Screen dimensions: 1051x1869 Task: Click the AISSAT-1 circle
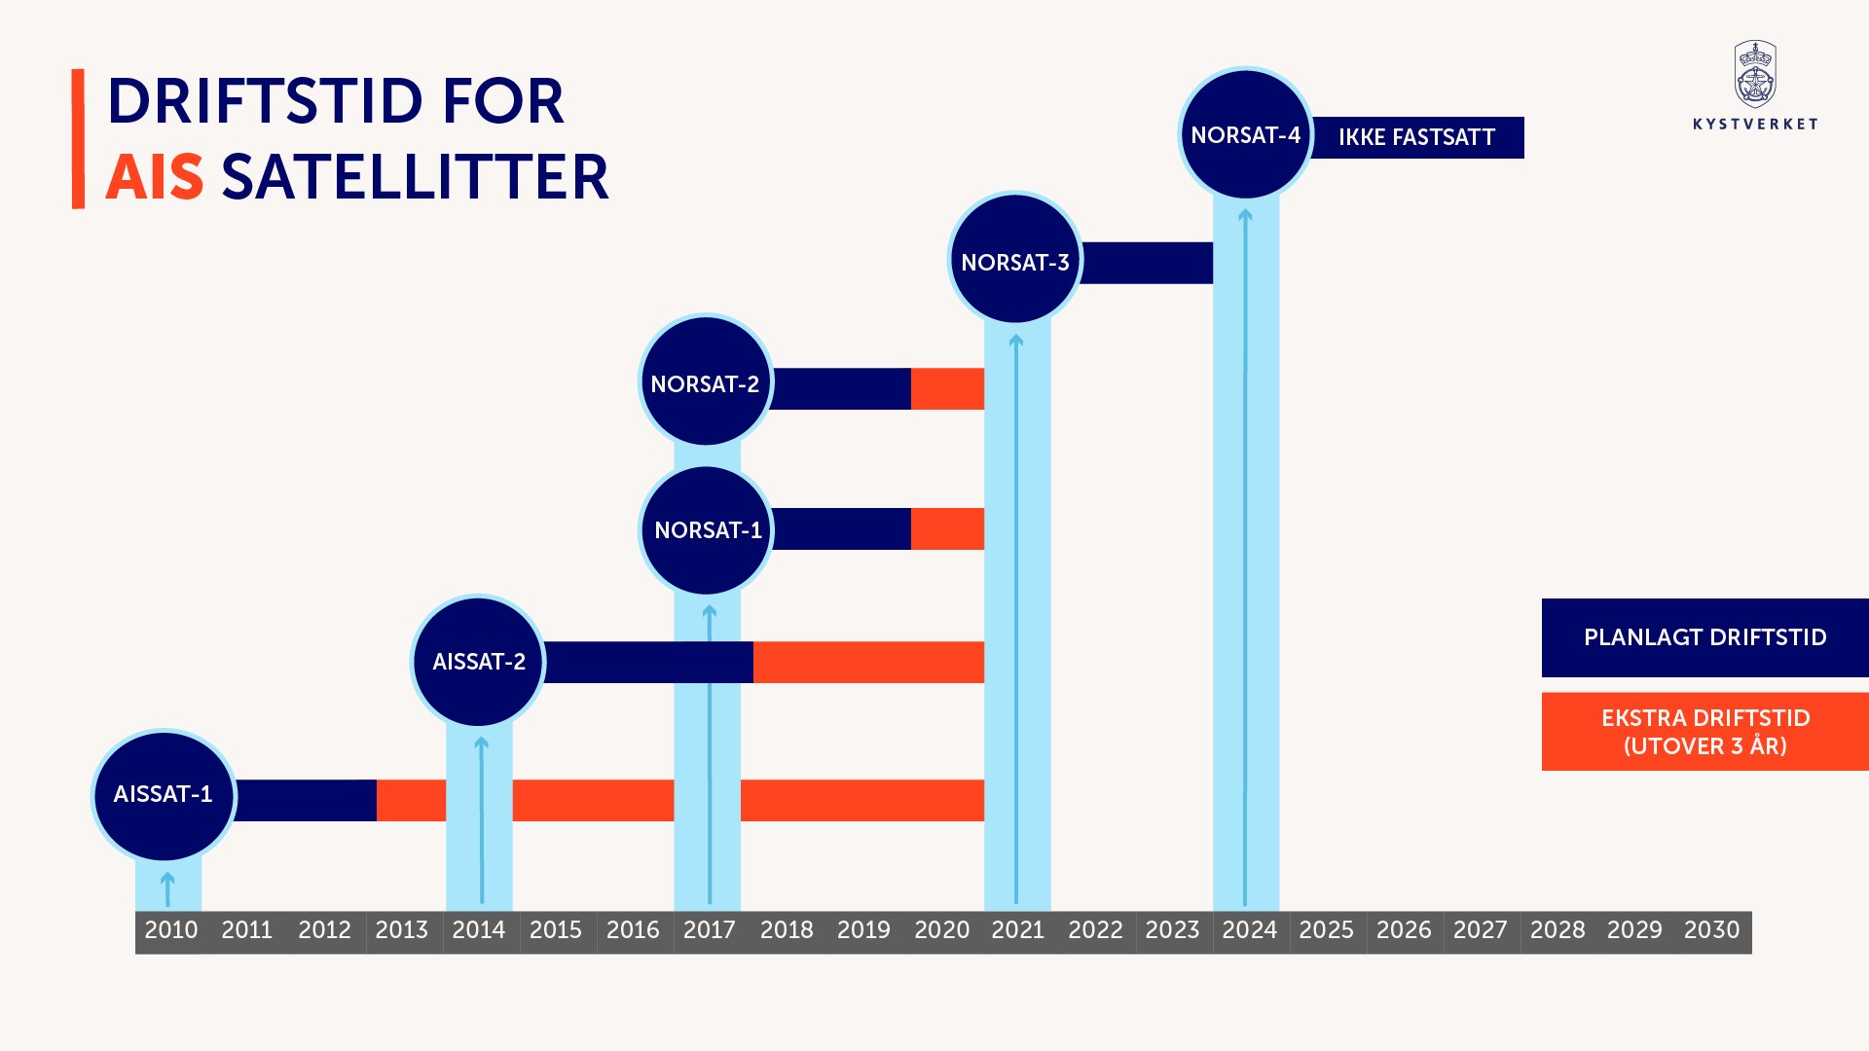[x=164, y=795]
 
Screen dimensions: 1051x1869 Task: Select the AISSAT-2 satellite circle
[x=478, y=662]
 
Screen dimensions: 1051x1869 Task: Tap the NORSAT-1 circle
[x=707, y=530]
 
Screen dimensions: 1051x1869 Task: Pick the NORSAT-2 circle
[x=706, y=382]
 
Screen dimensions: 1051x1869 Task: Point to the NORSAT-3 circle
[x=1015, y=260]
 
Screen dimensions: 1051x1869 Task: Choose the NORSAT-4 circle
[x=1245, y=134]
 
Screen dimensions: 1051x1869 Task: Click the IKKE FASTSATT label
[x=1417, y=137]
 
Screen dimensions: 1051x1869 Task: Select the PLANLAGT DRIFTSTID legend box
[x=1704, y=637]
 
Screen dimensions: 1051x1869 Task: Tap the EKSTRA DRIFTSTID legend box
[x=1704, y=732]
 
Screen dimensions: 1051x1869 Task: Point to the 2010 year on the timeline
[x=171, y=930]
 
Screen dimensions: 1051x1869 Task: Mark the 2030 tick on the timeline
[x=1711, y=930]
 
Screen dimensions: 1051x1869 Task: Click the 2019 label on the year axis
[x=863, y=930]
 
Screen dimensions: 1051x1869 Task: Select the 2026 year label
[x=1403, y=930]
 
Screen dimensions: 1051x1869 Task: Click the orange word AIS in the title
[x=155, y=178]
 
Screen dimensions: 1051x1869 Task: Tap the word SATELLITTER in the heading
[x=415, y=178]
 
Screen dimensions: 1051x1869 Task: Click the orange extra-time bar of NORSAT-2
[x=947, y=389]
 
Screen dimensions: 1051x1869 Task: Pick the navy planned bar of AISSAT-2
[x=647, y=662]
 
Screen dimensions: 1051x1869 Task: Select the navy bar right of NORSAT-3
[x=1147, y=263]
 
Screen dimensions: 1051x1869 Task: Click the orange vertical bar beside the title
[x=78, y=138]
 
